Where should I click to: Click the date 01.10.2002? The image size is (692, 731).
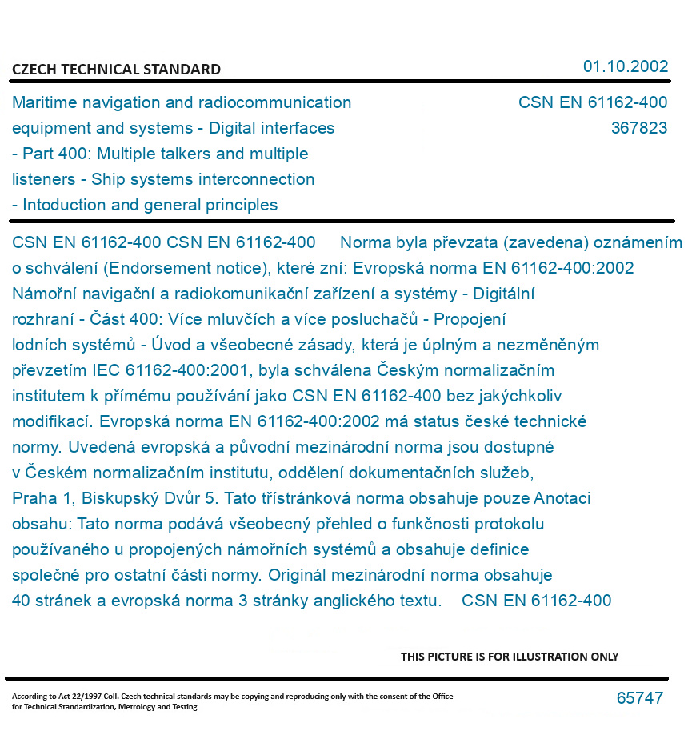coord(625,66)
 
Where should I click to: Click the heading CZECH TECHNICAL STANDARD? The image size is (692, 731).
coord(116,70)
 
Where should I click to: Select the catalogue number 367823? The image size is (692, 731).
coord(638,128)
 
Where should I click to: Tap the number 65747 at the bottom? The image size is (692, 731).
coord(639,698)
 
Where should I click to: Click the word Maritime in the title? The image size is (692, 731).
coord(42,102)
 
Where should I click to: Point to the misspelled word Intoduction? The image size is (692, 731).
coord(65,205)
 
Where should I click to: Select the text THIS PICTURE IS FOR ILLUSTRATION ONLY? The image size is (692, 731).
coord(510,657)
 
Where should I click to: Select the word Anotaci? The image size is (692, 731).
coord(562,498)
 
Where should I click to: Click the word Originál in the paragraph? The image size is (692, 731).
coord(297,575)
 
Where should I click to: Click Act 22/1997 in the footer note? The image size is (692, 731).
coord(84,697)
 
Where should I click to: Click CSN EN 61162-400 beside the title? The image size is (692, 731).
coord(592,102)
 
